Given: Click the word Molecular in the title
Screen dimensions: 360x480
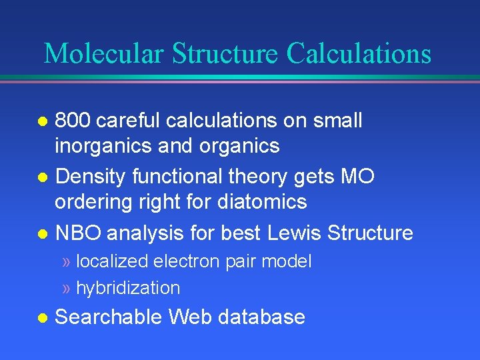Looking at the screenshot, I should pyautogui.click(x=104, y=53).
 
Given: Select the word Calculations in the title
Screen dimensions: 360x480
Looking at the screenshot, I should pyautogui.click(x=359, y=53).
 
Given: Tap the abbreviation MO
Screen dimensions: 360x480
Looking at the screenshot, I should pyautogui.click(x=357, y=177).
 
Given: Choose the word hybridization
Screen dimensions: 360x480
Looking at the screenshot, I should pyautogui.click(x=128, y=288).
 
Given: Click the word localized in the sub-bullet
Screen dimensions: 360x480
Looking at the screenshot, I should pyautogui.click(x=113, y=261).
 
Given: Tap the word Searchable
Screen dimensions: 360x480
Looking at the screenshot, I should pyautogui.click(x=109, y=317).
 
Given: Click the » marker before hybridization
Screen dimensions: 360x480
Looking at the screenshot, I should pyautogui.click(x=67, y=288).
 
